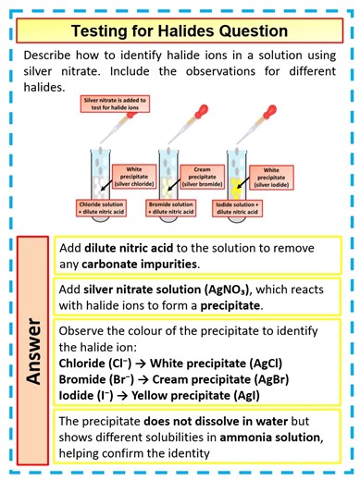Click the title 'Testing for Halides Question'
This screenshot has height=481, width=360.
180,30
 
